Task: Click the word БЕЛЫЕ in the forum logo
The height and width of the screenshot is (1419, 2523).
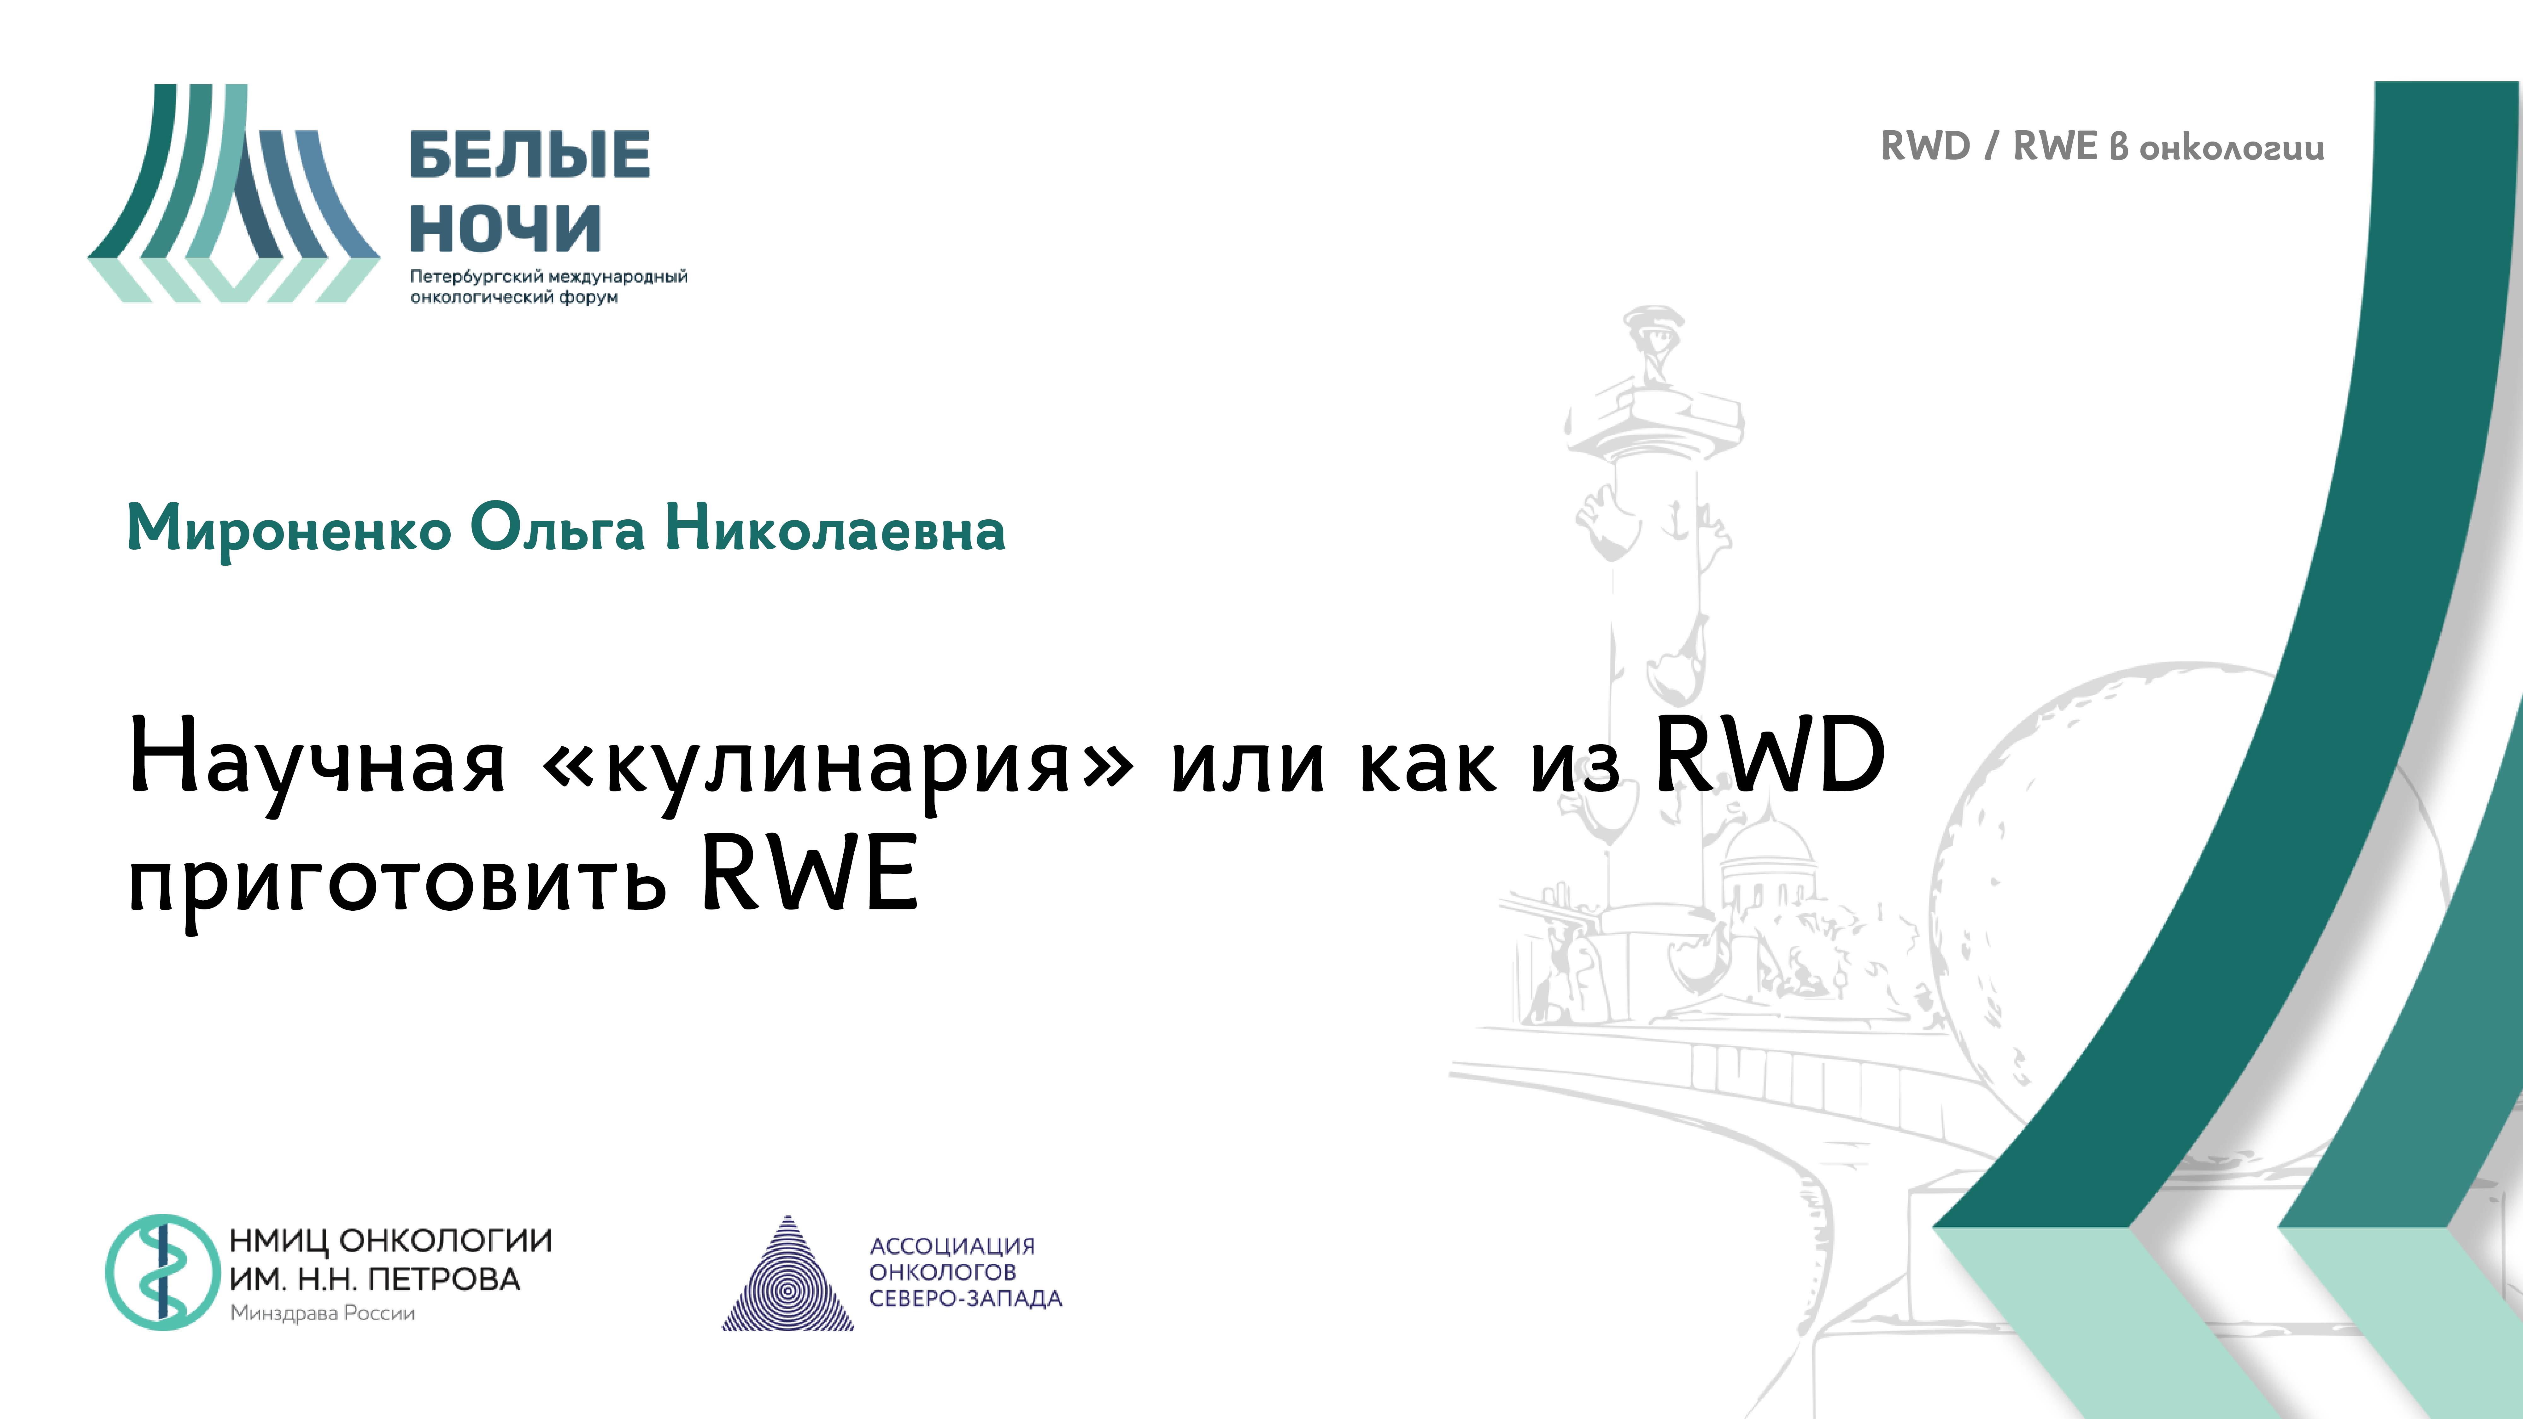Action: [529, 155]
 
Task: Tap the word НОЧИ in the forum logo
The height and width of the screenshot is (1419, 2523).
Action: [504, 228]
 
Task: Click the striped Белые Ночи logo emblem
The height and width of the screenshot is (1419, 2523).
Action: [233, 194]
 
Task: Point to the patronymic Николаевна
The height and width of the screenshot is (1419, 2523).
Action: [834, 529]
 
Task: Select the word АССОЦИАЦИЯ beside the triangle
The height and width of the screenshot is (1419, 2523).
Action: [952, 1246]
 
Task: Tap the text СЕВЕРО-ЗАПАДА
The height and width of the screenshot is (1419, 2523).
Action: [965, 1299]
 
